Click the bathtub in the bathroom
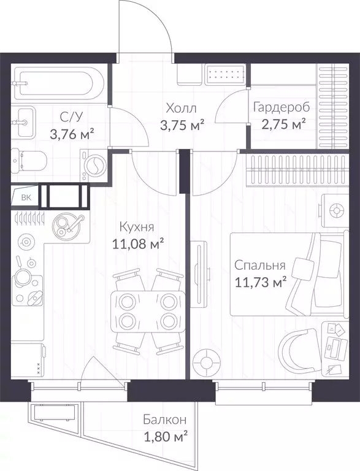(x=59, y=83)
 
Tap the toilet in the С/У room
(x=29, y=162)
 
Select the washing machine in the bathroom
(x=94, y=165)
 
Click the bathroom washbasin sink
(x=23, y=123)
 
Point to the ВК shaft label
(x=26, y=197)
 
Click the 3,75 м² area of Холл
(x=182, y=126)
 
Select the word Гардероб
(x=281, y=107)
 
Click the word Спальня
(x=259, y=266)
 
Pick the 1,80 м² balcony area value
(x=166, y=438)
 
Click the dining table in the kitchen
(x=148, y=312)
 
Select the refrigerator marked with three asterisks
(x=28, y=360)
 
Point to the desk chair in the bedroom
(x=298, y=351)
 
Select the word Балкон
(x=165, y=419)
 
